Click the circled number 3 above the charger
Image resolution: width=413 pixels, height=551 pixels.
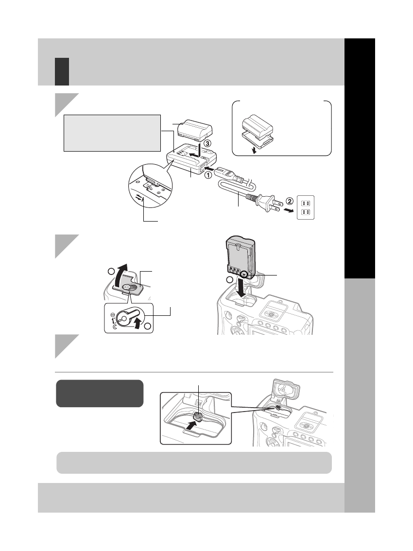click(207, 144)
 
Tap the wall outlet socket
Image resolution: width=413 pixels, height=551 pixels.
click(306, 207)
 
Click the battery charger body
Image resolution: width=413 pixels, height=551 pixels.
click(191, 163)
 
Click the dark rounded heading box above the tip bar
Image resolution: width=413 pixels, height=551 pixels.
click(100, 393)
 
